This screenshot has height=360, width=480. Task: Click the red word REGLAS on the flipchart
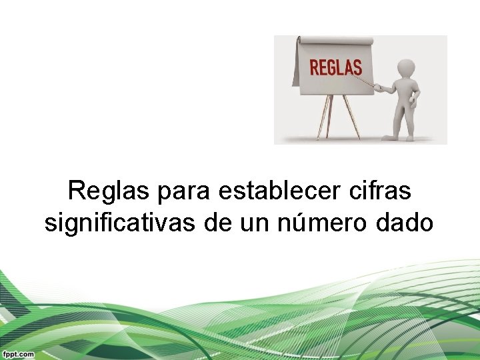coord(335,67)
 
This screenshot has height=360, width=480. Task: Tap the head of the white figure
coord(405,67)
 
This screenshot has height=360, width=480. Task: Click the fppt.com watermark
coord(17,354)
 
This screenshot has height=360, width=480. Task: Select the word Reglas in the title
coord(109,192)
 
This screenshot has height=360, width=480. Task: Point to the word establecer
coord(280,192)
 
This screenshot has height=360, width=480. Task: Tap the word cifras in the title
coord(379,192)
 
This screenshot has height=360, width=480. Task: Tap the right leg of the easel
coord(351,117)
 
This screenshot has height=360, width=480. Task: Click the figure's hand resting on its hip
coord(414,101)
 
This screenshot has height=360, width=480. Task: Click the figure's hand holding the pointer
coord(377,87)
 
